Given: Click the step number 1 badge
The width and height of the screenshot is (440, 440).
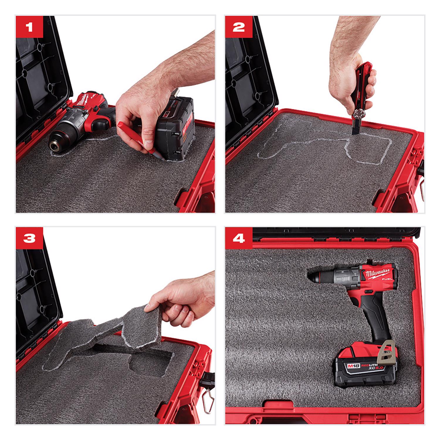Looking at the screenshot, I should tap(29, 27).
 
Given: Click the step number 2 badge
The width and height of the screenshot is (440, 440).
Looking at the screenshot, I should tap(238, 27).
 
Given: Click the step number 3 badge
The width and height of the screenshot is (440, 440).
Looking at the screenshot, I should tap(29, 238).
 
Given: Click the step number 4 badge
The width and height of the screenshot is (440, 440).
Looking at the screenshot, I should tap(238, 238).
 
